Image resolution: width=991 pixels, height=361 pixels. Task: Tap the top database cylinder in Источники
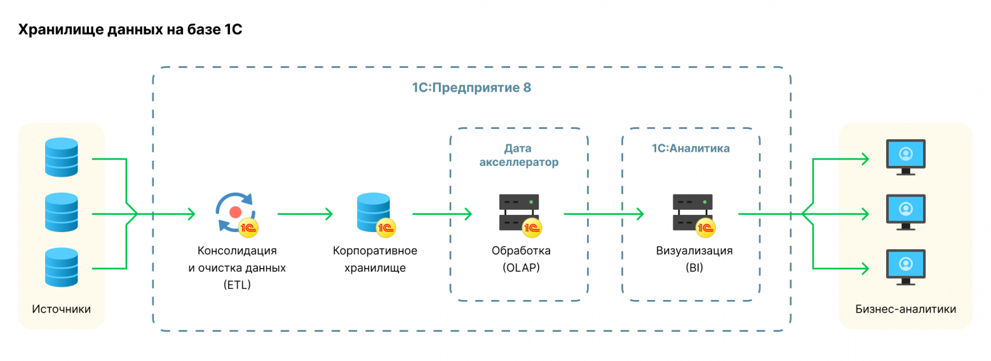[62, 157]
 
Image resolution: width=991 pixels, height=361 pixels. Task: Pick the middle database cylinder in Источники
[62, 213]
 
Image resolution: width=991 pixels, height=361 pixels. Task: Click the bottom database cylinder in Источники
[62, 268]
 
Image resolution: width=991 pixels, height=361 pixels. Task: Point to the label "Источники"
[61, 310]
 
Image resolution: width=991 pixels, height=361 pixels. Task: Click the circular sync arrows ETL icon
[236, 212]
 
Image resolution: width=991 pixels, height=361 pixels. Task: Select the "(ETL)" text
[237, 285]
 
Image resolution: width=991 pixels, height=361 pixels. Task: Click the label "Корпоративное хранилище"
[375, 259]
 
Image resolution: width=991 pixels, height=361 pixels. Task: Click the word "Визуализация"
[694, 250]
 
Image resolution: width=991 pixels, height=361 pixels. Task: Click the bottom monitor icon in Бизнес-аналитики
[906, 268]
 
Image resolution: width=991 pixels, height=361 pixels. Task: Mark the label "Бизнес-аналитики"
[905, 310]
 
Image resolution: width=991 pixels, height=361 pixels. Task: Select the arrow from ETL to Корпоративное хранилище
[304, 214]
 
